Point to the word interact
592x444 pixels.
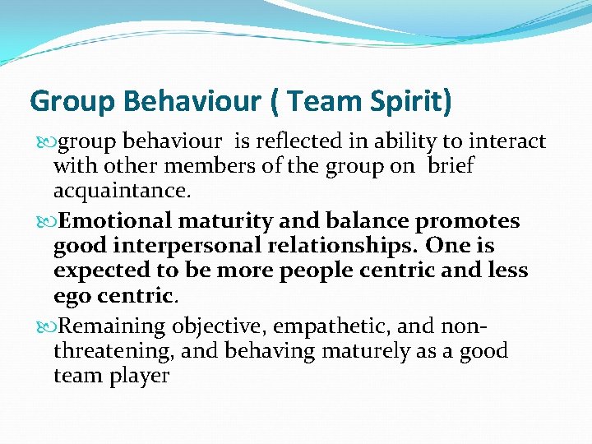coord(506,141)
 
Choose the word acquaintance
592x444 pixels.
coord(122,191)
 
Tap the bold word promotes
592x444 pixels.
coord(467,221)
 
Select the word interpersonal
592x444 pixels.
coord(191,246)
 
